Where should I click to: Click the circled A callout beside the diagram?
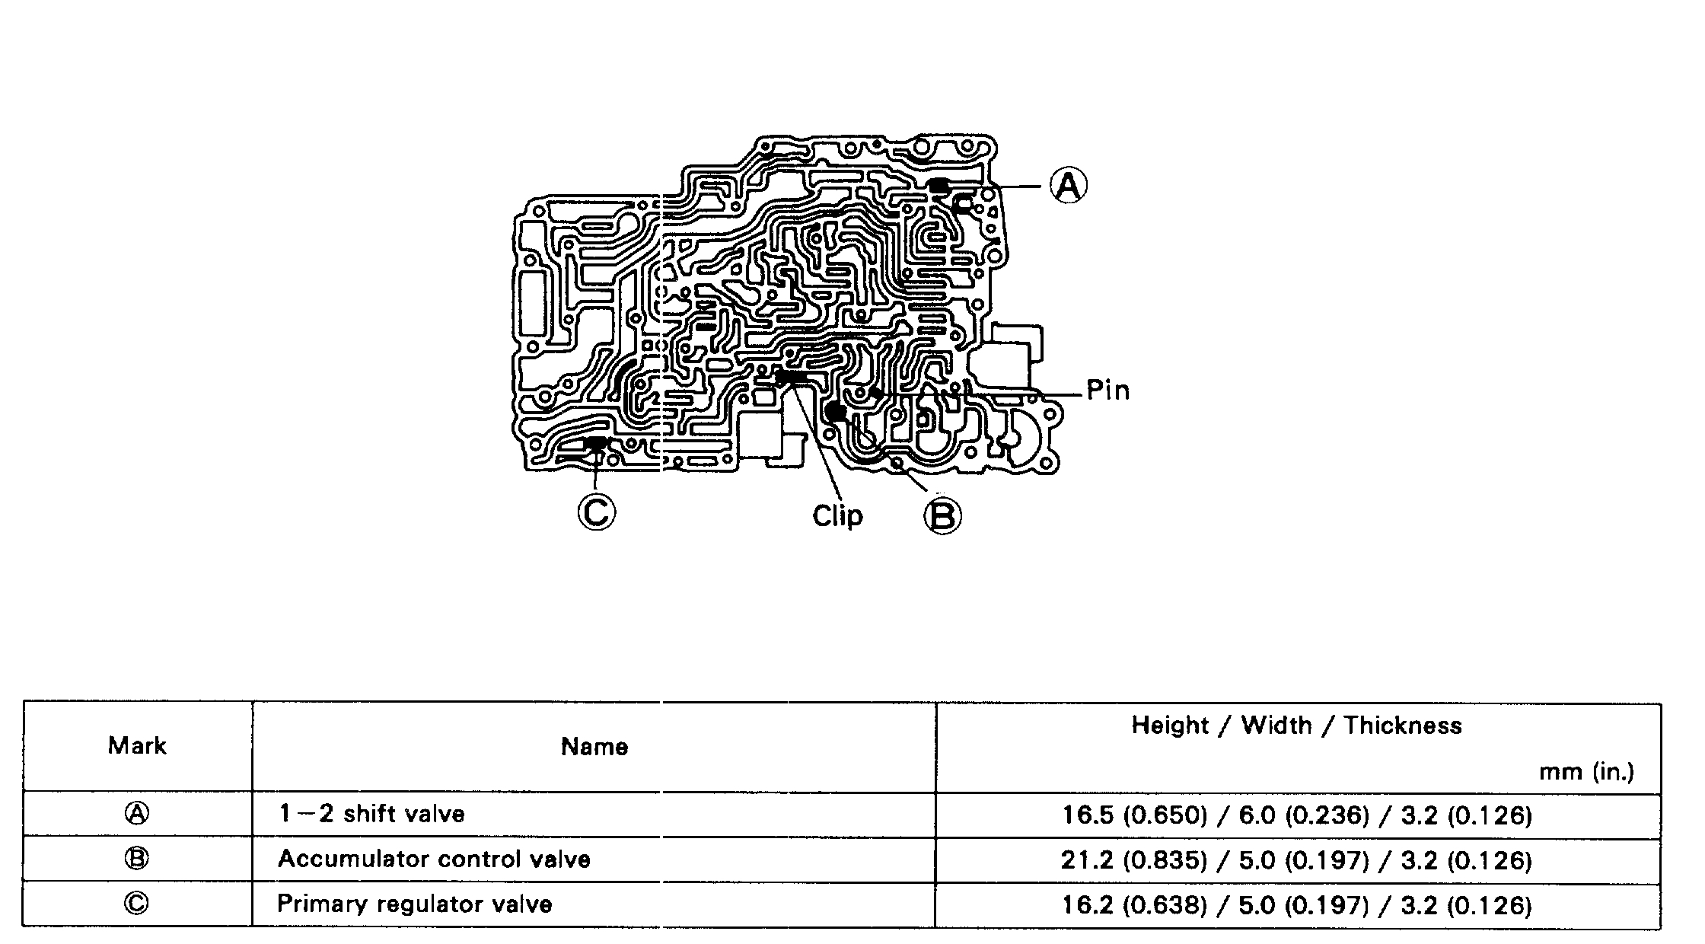[x=1069, y=185]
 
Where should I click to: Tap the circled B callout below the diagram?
[x=942, y=517]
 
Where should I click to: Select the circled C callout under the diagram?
[x=597, y=512]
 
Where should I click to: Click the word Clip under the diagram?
[x=837, y=516]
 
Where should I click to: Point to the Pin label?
[x=1107, y=391]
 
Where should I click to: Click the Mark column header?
[x=137, y=745]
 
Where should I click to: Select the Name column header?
[x=594, y=747]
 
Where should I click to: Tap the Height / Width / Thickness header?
[x=1296, y=726]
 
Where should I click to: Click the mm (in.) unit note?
[x=1586, y=772]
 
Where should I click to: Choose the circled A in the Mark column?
[x=137, y=814]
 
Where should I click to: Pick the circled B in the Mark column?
[x=137, y=859]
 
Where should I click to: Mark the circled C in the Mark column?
[x=137, y=904]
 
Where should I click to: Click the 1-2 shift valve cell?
[x=371, y=814]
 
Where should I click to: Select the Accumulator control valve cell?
[x=434, y=859]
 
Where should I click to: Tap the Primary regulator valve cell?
[x=414, y=904]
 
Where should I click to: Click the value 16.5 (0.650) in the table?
[x=1134, y=815]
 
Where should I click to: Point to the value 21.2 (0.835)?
[x=1134, y=860]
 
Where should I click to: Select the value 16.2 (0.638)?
[x=1134, y=905]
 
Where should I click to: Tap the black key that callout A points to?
[x=939, y=185]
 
